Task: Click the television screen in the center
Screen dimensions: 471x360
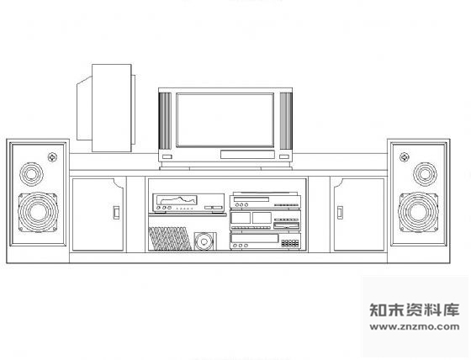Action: click(225, 120)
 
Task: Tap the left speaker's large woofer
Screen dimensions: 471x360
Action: click(38, 212)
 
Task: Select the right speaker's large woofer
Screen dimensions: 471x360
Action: click(419, 212)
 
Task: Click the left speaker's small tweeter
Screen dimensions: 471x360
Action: click(31, 173)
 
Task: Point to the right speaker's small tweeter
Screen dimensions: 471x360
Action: click(425, 173)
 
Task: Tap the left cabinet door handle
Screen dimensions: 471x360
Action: click(116, 213)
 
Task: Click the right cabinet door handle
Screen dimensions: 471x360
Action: click(340, 213)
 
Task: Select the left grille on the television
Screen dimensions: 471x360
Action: click(165, 121)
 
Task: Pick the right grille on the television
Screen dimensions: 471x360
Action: click(286, 121)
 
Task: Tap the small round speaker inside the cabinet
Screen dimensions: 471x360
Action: click(205, 241)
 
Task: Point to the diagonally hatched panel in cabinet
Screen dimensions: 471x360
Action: click(170, 239)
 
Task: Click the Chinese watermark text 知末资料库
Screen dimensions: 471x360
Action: click(415, 310)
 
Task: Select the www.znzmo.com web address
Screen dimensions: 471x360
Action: click(415, 326)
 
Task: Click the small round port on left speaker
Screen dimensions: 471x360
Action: click(52, 156)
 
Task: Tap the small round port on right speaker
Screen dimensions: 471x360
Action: click(404, 156)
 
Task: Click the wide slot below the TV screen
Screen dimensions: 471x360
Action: click(247, 155)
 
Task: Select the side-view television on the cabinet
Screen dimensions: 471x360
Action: click(106, 109)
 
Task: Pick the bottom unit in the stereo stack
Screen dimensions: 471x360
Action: click(265, 241)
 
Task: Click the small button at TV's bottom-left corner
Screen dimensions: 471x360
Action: click(167, 156)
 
